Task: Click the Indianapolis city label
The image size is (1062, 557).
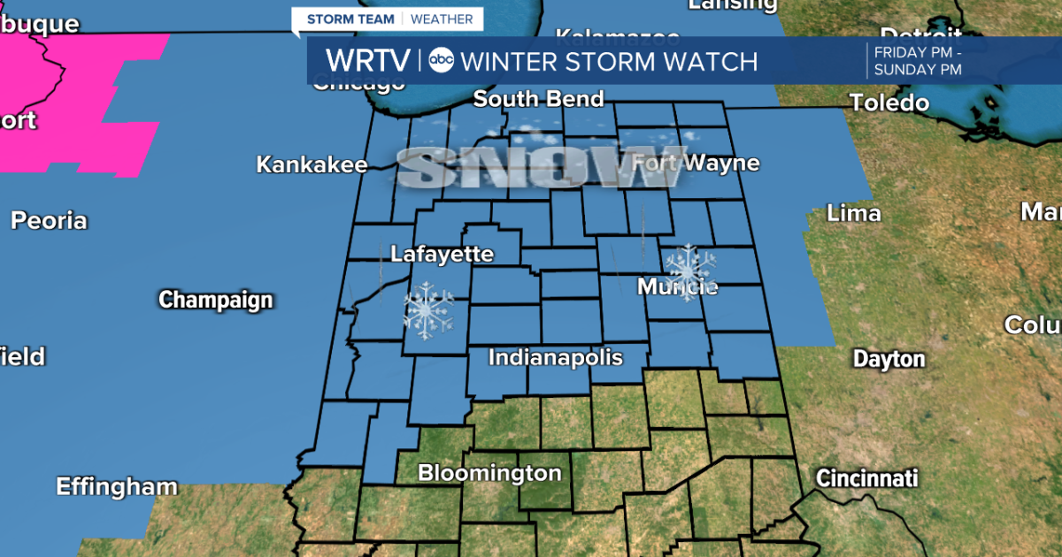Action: [556, 358]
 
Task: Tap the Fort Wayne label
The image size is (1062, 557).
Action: [696, 164]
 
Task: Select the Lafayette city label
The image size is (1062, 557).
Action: [442, 255]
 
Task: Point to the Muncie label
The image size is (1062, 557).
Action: [677, 287]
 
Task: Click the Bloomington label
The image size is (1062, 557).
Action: [489, 473]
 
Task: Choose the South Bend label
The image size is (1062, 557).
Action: [538, 99]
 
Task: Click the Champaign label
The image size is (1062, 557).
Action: [215, 301]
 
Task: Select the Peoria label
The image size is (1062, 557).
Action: [49, 220]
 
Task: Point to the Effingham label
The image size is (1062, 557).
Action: [117, 486]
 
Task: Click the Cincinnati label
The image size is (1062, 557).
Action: [866, 479]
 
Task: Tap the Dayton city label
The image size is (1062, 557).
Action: [889, 359]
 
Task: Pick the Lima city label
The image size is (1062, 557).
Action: [853, 213]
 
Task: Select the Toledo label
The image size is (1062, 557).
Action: [889, 103]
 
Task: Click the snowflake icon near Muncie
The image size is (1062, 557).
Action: [690, 268]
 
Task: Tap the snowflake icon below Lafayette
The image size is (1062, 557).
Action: [428, 310]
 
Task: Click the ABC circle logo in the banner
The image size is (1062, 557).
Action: [441, 61]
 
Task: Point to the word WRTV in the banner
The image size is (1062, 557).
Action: [368, 61]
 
